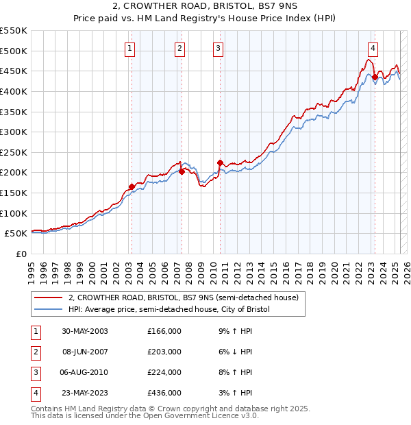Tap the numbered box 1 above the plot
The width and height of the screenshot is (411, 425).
pyautogui.click(x=130, y=48)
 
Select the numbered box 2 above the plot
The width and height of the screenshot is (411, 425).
pyautogui.click(x=179, y=48)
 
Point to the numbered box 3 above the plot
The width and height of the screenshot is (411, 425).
pyautogui.click(x=218, y=48)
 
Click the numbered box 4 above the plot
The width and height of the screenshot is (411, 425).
pyautogui.click(x=373, y=48)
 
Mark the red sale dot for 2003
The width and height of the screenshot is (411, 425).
pyautogui.click(x=132, y=186)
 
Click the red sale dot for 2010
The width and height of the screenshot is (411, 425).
pyautogui.click(x=220, y=162)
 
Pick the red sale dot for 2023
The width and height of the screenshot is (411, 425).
pyautogui.click(x=375, y=77)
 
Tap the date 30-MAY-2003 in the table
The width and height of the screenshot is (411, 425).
pyautogui.click(x=84, y=331)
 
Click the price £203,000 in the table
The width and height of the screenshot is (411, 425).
pyautogui.click(x=164, y=352)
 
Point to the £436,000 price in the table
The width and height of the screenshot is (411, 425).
pyautogui.click(x=164, y=393)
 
